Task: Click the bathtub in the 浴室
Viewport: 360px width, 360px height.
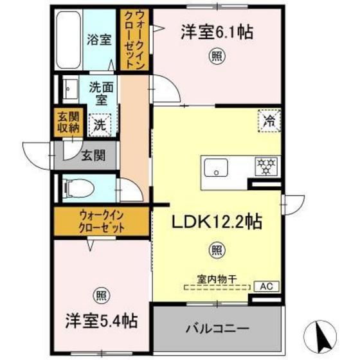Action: click(69, 40)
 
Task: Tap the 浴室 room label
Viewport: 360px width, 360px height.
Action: click(99, 40)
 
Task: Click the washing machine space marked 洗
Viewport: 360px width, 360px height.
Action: click(100, 125)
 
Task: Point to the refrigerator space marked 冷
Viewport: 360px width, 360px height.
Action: click(269, 121)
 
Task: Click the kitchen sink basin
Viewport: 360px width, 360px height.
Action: click(216, 167)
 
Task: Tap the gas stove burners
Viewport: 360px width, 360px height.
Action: click(266, 166)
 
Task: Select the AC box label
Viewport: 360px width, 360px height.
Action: click(267, 286)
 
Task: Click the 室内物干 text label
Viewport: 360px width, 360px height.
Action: click(217, 279)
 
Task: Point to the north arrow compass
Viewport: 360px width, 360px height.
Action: click(320, 337)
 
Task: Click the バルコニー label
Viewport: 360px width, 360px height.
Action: click(217, 328)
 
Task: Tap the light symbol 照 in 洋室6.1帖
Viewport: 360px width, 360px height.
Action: click(217, 56)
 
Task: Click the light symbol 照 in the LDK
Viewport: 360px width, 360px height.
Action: click(217, 250)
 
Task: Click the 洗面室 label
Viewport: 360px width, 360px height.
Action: click(101, 93)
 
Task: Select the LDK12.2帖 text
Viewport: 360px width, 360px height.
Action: click(217, 222)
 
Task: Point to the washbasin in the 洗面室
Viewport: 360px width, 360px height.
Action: click(70, 89)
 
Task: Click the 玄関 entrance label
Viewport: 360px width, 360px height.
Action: click(94, 155)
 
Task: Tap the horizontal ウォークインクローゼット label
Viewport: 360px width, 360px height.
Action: click(102, 222)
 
